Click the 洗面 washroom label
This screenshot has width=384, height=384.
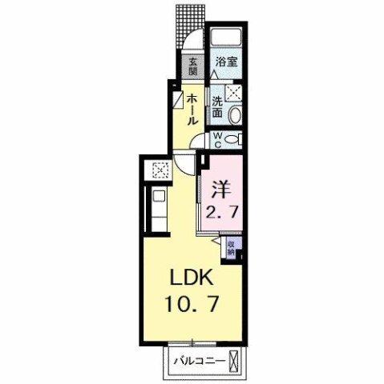tap(218, 109)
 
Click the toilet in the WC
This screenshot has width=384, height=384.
tap(232, 138)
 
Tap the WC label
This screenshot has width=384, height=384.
tap(217, 139)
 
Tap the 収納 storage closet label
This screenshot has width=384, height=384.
tap(231, 246)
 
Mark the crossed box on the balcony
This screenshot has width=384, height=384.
tap(233, 361)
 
